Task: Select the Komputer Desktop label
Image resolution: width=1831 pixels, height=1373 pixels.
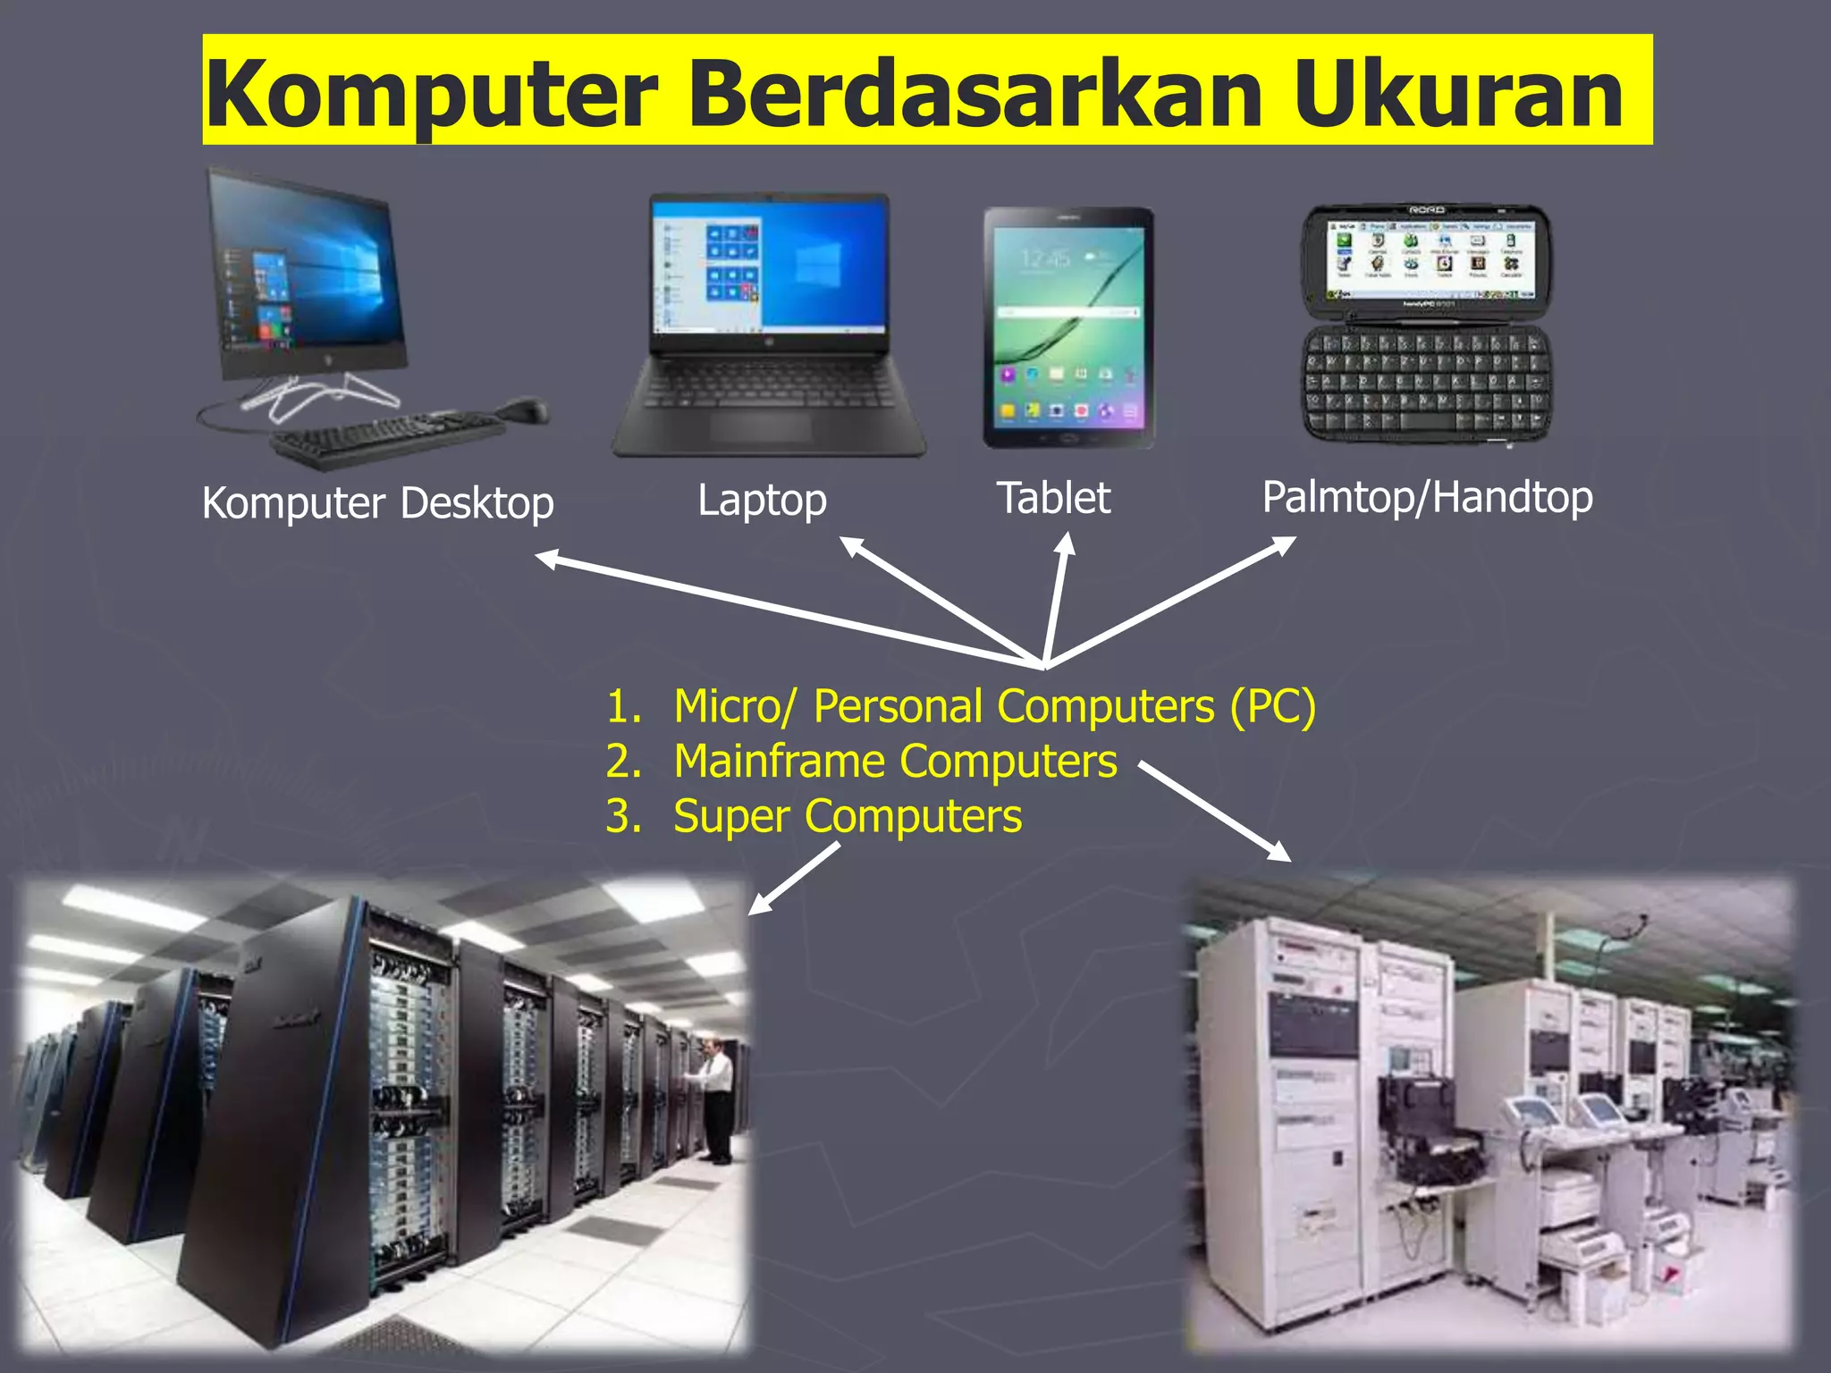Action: click(377, 503)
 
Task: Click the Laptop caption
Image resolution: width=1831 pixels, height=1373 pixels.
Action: click(762, 500)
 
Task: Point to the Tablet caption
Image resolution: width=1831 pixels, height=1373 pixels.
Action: click(1053, 498)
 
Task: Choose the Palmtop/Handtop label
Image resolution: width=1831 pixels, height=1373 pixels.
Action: click(1427, 497)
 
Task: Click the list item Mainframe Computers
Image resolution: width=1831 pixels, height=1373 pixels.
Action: click(895, 762)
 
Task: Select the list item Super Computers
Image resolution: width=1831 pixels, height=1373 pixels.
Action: click(847, 816)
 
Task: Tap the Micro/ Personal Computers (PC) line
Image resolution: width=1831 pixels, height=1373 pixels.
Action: click(994, 706)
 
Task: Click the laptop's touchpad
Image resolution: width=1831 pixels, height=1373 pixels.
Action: click(761, 427)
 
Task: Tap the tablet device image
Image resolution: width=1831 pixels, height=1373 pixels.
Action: click(1068, 327)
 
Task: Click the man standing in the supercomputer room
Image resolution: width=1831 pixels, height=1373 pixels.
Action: click(715, 1099)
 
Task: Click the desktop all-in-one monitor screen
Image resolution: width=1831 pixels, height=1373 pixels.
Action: click(304, 273)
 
